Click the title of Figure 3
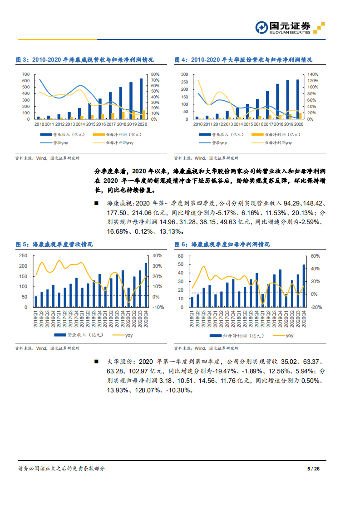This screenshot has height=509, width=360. tap(84, 59)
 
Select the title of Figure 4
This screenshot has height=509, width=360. tap(243, 59)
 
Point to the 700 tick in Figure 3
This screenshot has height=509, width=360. tap(25, 74)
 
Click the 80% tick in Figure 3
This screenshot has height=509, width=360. tap(154, 74)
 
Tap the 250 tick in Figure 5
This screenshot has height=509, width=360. tap(22, 256)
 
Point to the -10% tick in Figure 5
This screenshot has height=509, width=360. tap(158, 307)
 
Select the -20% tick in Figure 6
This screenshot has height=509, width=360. tap(316, 307)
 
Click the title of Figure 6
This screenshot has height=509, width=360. tap(222, 245)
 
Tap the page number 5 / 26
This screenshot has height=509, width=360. tap(314, 469)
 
